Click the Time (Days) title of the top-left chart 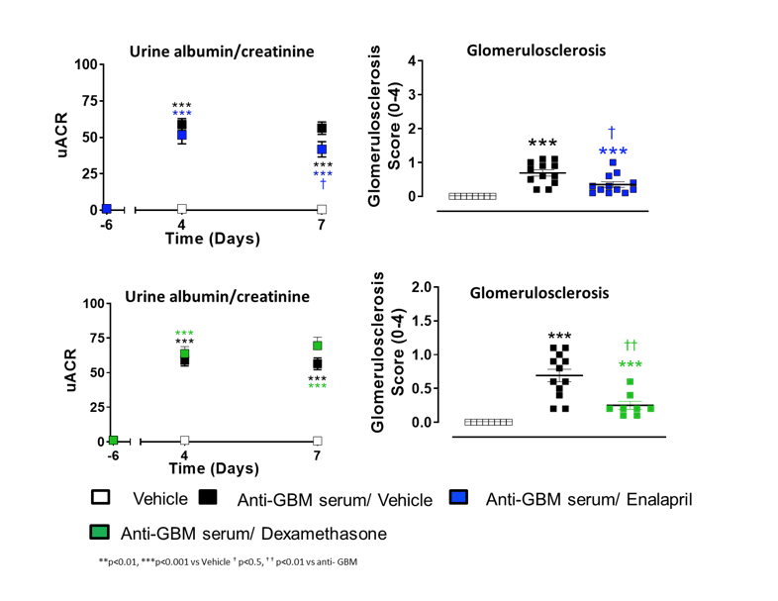point(212,239)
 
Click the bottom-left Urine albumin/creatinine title point(217,296)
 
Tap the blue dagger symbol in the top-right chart point(612,132)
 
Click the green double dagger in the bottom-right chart point(631,346)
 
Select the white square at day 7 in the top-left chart point(322,210)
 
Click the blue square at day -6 point(107,209)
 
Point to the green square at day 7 point(318,346)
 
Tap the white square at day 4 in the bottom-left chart point(184,441)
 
